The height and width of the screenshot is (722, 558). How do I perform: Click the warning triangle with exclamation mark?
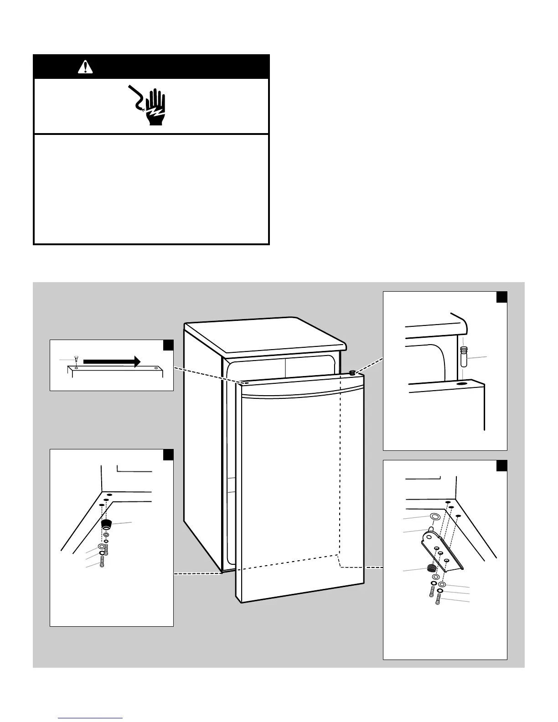click(85, 67)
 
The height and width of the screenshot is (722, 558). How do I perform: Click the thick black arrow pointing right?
click(112, 361)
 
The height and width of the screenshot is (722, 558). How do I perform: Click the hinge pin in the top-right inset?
click(463, 356)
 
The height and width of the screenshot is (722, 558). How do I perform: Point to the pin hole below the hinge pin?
click(462, 384)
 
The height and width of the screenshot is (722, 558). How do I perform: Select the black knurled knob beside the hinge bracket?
click(430, 568)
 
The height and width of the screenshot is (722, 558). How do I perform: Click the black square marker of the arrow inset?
click(168, 345)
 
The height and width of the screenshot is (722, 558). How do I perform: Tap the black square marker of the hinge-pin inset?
click(501, 297)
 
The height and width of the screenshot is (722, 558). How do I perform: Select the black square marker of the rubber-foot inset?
click(168, 455)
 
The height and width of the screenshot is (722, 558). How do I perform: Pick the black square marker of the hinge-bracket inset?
click(501, 465)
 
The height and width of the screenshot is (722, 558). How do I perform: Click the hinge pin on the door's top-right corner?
click(352, 372)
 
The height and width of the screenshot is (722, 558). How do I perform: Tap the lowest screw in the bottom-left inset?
click(103, 563)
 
